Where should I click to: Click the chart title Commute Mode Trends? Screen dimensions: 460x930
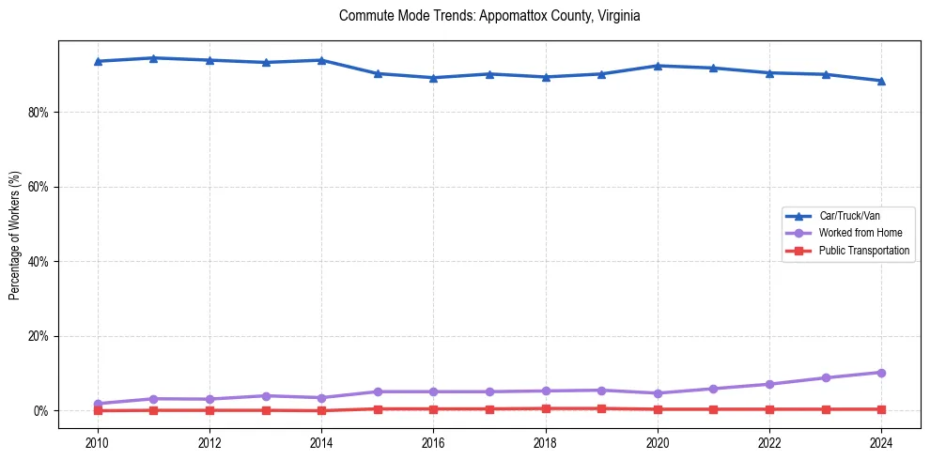[489, 16]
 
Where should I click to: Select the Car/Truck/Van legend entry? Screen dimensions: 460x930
[849, 216]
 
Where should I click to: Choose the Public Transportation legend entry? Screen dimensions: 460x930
[863, 251]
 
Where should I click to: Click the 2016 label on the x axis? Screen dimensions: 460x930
[433, 443]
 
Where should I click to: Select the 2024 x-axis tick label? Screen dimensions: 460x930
[881, 443]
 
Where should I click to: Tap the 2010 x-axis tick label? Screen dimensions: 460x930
[98, 443]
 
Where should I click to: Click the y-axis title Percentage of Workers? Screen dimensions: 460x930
[15, 236]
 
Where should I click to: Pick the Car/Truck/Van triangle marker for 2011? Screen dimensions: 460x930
[154, 58]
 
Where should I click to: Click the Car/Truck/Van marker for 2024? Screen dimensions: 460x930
[881, 81]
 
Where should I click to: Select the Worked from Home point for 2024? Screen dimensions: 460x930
[881, 373]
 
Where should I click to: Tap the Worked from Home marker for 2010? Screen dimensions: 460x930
[98, 404]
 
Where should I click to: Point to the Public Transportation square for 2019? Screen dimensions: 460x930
[601, 408]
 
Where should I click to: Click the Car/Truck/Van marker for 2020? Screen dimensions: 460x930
[658, 66]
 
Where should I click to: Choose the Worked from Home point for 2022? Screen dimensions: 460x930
[769, 384]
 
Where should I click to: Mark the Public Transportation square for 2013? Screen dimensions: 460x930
[266, 410]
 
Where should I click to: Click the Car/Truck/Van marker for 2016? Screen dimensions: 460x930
[433, 78]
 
